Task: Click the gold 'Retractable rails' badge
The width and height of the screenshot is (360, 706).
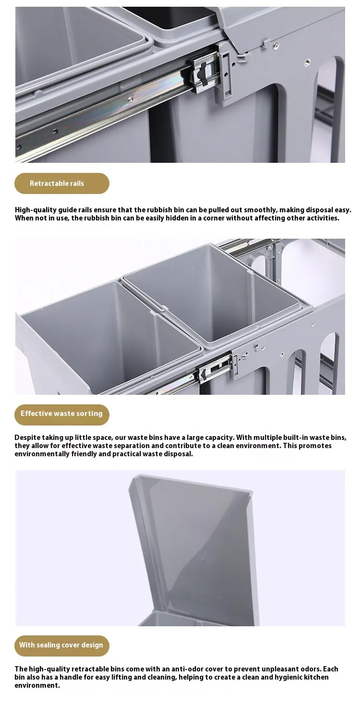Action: [x=62, y=183]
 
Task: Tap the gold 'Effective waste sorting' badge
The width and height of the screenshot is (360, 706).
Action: [x=62, y=415]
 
